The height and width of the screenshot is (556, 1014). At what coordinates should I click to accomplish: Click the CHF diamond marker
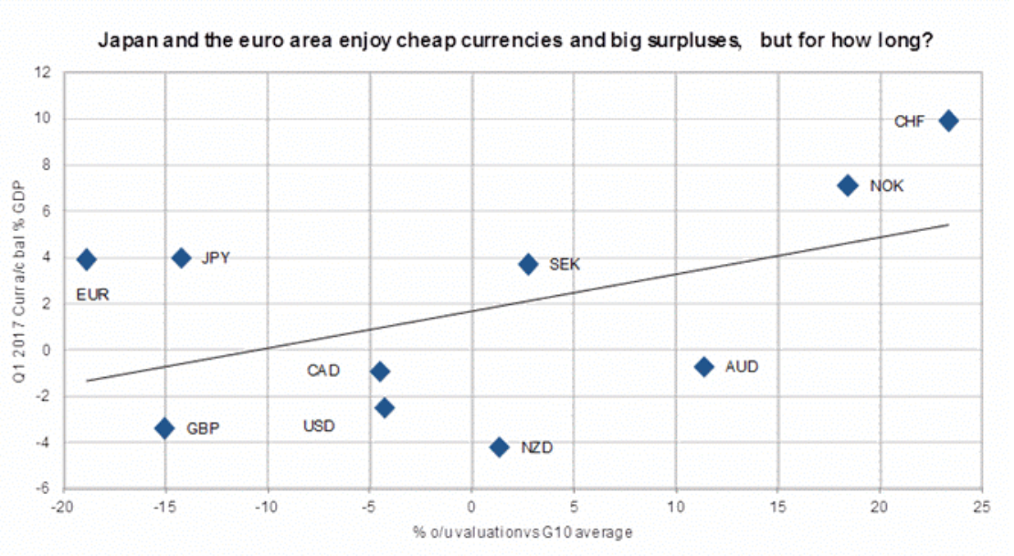pos(948,121)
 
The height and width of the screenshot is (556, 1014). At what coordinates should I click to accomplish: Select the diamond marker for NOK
pos(847,185)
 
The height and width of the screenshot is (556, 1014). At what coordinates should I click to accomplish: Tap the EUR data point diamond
pos(86,259)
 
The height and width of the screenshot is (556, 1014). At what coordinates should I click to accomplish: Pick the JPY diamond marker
pos(181,258)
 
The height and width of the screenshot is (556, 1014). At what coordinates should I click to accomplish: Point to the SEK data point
pos(527,264)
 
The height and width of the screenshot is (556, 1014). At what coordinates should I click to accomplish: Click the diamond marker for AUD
pos(703,366)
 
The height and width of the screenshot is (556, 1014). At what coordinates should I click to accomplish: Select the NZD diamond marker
pos(499,446)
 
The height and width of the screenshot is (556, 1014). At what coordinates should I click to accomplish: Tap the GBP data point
pos(164,427)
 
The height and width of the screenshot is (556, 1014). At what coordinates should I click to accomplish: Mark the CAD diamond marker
pos(379,371)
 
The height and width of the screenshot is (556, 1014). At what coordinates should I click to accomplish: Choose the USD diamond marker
pos(385,407)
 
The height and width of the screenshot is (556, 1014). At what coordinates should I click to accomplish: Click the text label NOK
pos(886,186)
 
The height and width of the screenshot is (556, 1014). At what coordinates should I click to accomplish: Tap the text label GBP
pos(203,428)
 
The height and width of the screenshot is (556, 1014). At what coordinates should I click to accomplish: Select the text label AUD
pos(742,367)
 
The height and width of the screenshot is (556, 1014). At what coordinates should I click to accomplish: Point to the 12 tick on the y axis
pos(42,72)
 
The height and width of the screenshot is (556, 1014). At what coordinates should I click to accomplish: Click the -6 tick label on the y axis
pos(42,488)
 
